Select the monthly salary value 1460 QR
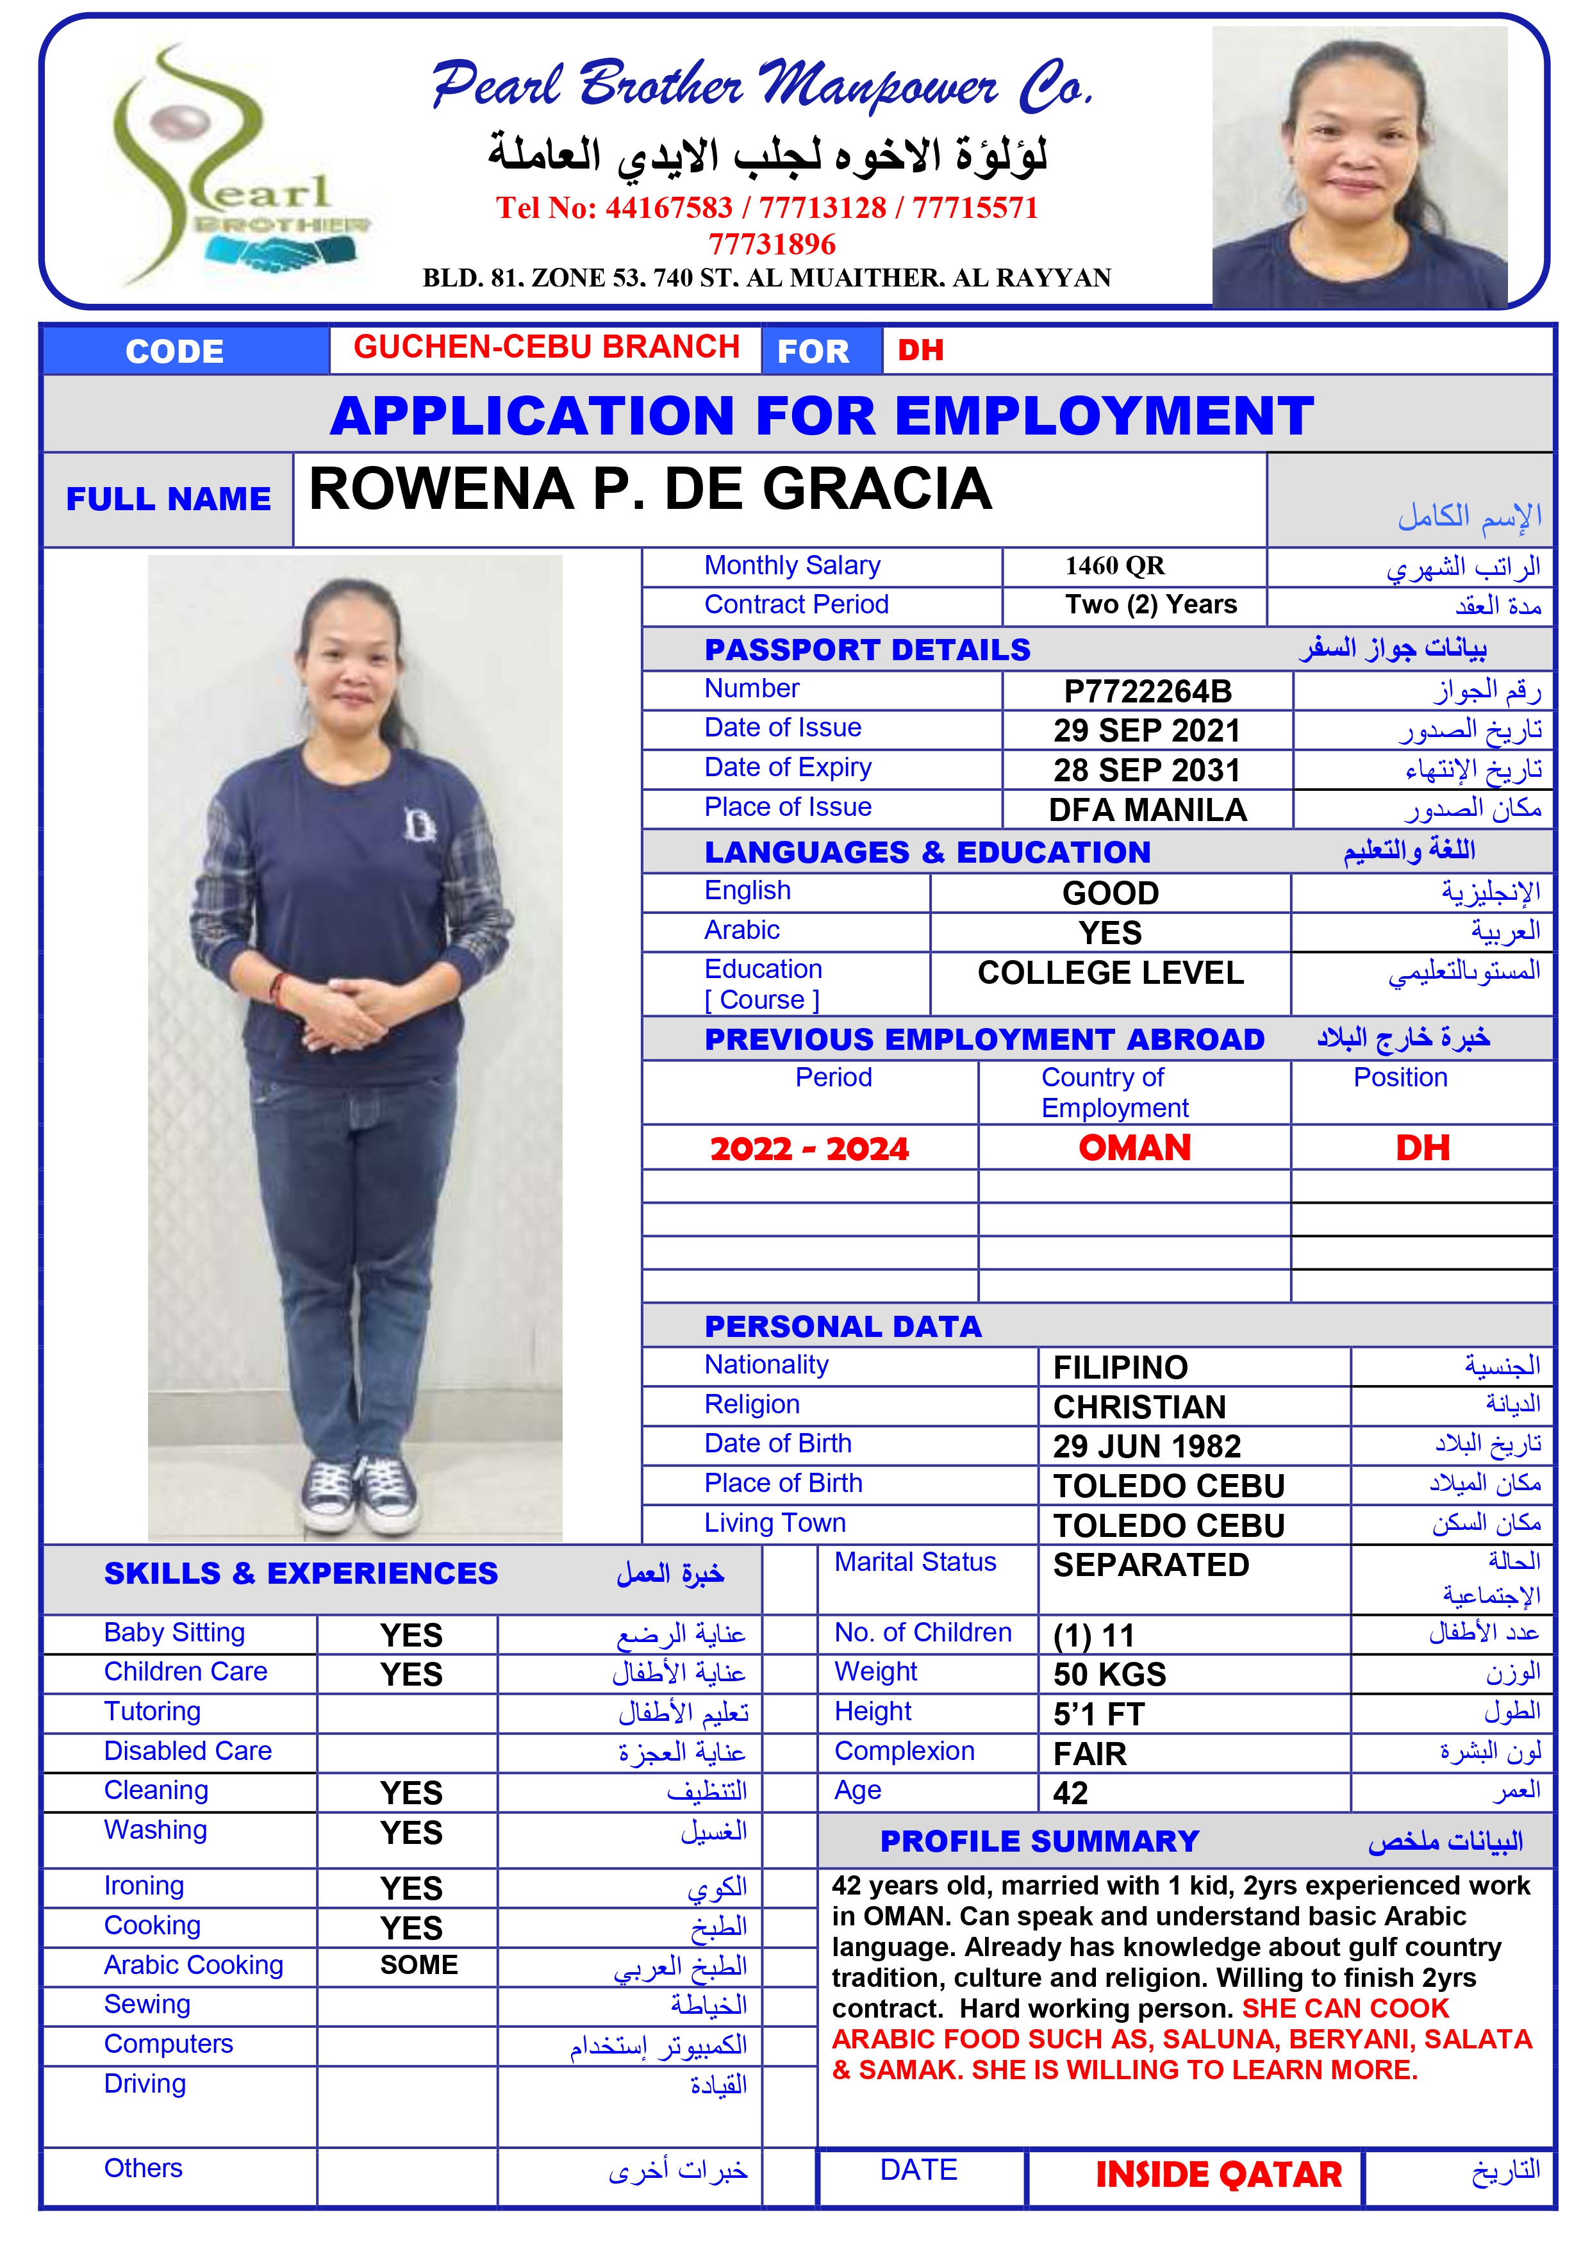(1115, 566)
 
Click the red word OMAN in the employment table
(1134, 1147)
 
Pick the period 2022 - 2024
(809, 1148)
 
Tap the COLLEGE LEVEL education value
(1110, 973)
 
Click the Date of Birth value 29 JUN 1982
(1147, 1446)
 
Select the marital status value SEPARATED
(1150, 1565)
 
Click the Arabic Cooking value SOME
(418, 1965)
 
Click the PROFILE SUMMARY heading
(1039, 1841)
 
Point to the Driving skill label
(145, 2084)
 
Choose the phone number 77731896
(772, 244)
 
